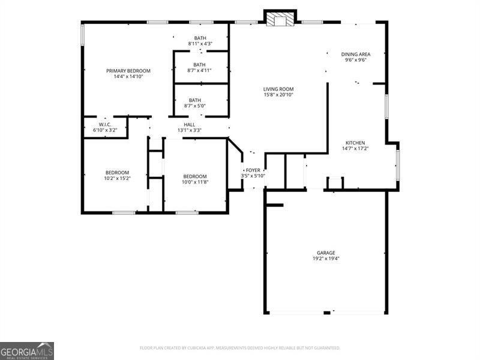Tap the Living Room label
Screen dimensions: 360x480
click(278, 89)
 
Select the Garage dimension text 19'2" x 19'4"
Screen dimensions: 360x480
click(326, 259)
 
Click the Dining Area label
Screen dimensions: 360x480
click(356, 54)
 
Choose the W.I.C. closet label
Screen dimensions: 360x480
click(105, 124)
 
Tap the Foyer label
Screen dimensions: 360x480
click(253, 170)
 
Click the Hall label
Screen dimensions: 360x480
click(189, 124)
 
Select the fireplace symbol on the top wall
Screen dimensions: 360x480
click(280, 20)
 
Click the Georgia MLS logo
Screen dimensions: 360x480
click(27, 350)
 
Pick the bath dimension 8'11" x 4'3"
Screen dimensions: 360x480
click(200, 44)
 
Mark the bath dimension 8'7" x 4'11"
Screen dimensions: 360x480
click(198, 71)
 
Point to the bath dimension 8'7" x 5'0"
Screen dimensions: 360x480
click(195, 106)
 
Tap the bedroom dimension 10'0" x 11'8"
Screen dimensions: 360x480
click(194, 182)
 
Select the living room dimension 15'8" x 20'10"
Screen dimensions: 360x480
click(278, 95)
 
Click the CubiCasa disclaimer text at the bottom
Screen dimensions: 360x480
click(240, 348)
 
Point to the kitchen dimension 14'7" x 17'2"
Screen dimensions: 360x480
click(356, 149)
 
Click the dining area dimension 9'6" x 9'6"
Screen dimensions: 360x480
click(356, 60)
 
